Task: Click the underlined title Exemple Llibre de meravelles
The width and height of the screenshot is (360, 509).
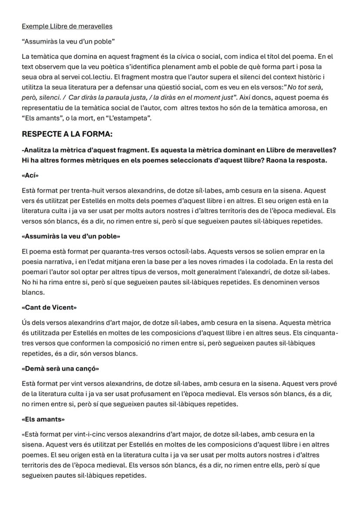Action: (67, 26)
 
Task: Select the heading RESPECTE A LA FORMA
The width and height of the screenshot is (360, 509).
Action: (67, 134)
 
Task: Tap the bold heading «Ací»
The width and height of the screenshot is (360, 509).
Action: (30, 176)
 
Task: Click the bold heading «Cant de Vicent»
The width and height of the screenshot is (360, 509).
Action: (49, 307)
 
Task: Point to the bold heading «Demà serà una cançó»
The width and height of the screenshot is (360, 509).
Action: (60, 369)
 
